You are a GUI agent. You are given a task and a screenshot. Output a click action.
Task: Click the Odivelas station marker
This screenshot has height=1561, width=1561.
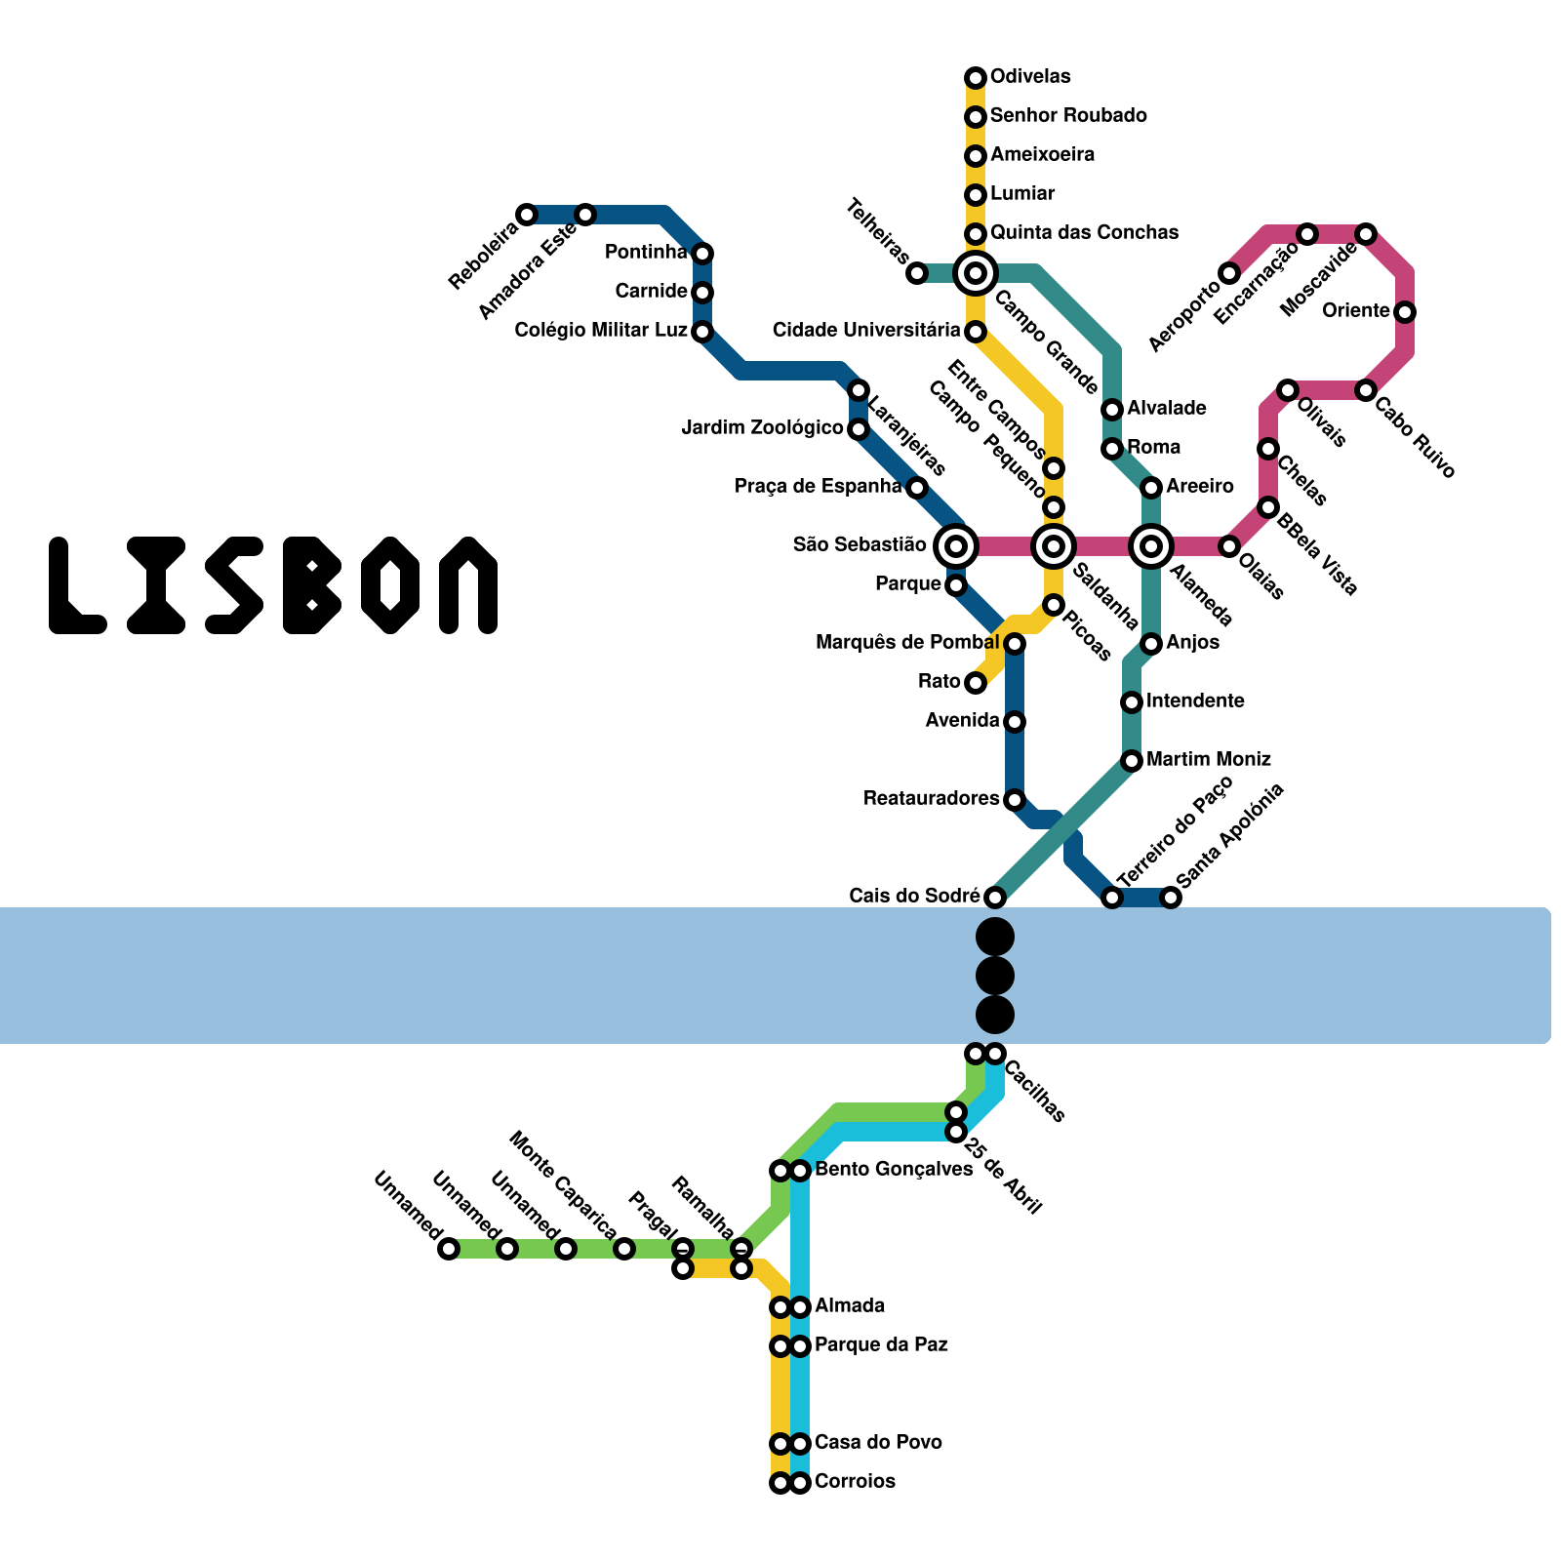click(x=976, y=78)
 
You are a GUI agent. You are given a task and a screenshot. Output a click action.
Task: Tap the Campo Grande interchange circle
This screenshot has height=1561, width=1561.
click(x=976, y=273)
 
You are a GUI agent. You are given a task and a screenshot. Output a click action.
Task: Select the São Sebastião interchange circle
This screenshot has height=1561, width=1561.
click(x=956, y=546)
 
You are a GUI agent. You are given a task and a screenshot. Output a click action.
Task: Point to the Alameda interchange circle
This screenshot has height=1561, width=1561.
click(x=1151, y=546)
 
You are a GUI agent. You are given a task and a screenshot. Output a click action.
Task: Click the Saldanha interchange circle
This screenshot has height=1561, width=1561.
click(x=1054, y=546)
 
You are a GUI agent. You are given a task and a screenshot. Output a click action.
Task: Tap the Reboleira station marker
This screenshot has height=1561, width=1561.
click(x=527, y=215)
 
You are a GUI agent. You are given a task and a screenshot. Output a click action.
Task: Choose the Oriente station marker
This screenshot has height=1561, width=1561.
click(x=1405, y=312)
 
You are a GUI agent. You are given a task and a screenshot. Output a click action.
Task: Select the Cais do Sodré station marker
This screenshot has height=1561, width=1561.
click(x=995, y=898)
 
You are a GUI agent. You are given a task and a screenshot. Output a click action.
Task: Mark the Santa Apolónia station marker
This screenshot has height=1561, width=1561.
click(x=1171, y=898)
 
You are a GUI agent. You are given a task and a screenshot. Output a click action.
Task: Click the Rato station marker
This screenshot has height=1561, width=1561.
click(x=976, y=683)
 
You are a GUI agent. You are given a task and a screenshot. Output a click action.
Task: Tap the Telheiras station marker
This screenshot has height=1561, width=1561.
click(x=917, y=273)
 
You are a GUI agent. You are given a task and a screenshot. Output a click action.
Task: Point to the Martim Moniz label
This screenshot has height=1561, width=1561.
click(x=1209, y=759)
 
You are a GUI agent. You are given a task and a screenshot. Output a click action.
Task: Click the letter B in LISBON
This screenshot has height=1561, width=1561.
click(x=312, y=585)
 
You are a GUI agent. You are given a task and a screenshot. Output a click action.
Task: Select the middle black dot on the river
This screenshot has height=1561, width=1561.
click(x=995, y=976)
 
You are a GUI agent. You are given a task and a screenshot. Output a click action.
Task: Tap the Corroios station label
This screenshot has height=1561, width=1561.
click(x=855, y=1481)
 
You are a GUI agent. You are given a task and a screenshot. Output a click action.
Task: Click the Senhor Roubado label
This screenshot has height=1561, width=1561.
click(x=1068, y=116)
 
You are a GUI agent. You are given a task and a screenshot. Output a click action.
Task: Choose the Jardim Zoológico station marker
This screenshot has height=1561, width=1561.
click(x=859, y=429)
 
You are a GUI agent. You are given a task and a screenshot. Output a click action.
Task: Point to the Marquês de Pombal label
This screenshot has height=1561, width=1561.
click(x=907, y=643)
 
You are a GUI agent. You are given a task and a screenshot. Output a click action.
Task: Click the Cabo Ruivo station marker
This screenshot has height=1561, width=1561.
click(x=1366, y=390)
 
